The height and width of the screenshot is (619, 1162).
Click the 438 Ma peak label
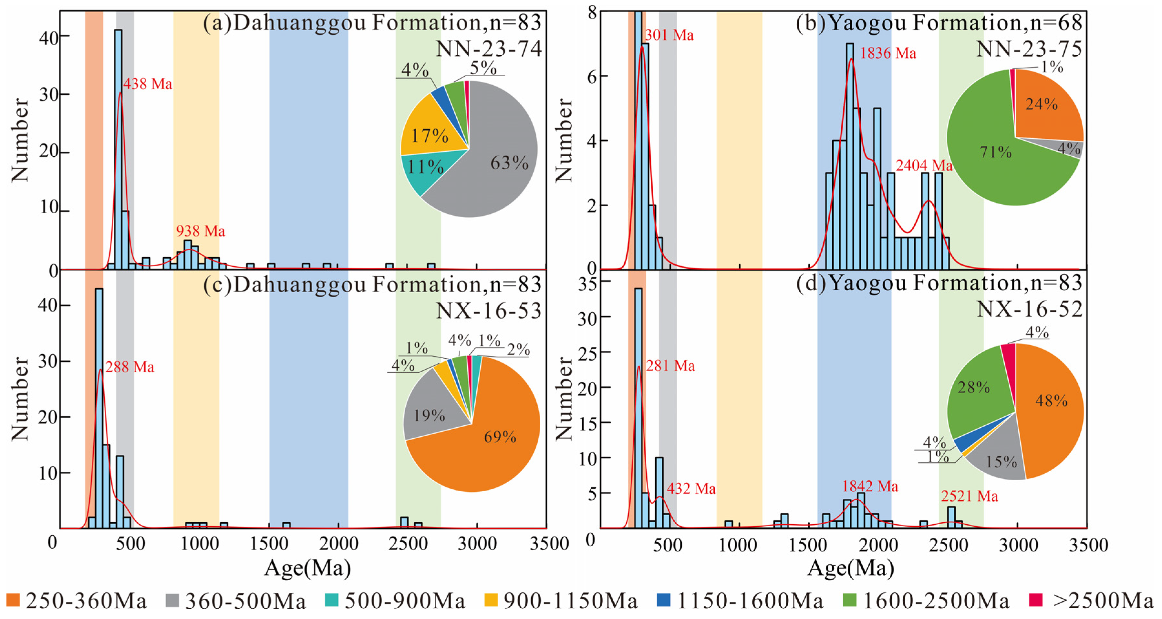[x=148, y=84]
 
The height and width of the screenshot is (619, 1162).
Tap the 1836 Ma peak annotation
[x=887, y=54]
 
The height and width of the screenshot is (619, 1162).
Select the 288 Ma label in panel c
[x=130, y=367]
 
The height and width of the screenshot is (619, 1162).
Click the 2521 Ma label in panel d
[x=969, y=496]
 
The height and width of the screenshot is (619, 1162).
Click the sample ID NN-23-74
[x=489, y=49]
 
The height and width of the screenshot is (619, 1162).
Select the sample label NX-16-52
[x=1029, y=310]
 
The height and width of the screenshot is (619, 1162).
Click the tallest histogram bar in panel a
[x=118, y=149]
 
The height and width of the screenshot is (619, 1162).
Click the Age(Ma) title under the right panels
[x=850, y=568]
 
